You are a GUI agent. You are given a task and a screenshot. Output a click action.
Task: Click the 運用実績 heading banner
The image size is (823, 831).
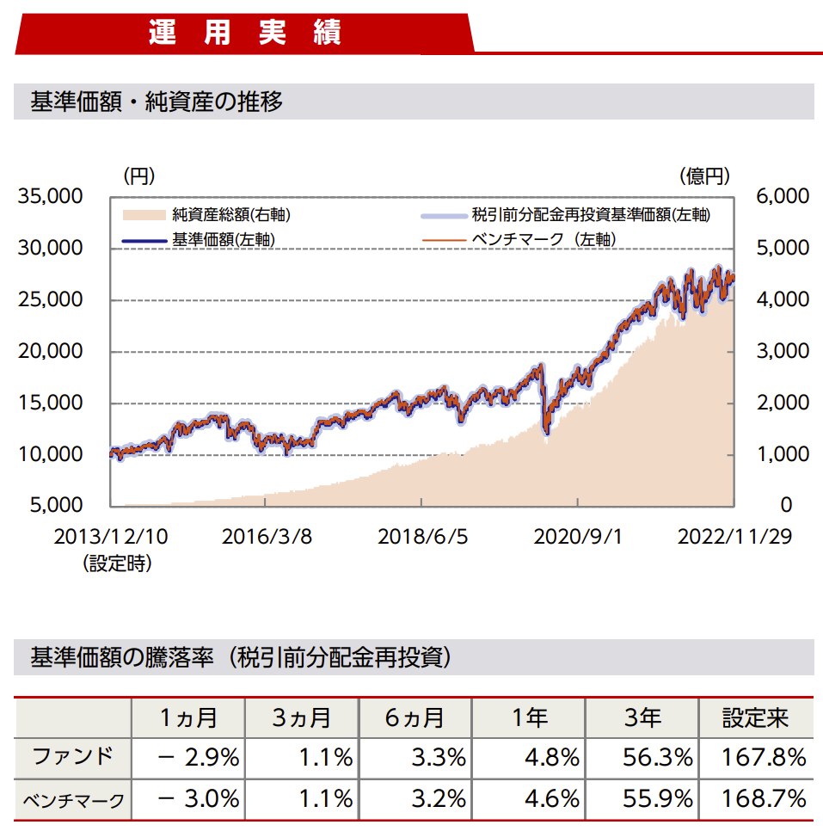245,32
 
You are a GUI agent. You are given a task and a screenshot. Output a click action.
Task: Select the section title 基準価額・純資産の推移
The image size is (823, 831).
157,102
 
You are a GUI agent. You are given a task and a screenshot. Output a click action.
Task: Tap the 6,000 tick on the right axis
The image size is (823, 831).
782,197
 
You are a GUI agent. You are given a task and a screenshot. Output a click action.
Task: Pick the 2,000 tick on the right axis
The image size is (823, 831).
782,403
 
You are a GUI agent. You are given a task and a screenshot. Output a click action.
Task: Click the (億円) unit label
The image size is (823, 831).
704,176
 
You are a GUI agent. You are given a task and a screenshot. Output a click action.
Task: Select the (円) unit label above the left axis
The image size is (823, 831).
138,176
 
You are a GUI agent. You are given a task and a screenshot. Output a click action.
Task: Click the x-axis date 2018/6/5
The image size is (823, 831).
423,537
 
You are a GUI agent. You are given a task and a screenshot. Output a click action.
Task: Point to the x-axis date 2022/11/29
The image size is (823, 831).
734,537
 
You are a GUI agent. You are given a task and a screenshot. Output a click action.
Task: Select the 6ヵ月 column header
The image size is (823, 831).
415,717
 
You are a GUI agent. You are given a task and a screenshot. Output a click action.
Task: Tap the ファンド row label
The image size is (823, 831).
73,757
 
